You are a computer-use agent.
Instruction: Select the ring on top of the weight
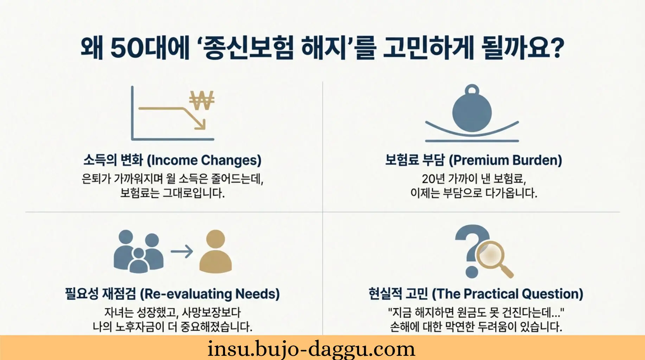coord(472,90)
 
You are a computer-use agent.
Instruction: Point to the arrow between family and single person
coord(182,251)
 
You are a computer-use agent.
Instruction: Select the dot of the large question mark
coord(472,272)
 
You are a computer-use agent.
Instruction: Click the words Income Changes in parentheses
coord(204,160)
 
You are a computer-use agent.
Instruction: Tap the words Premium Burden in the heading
coord(505,160)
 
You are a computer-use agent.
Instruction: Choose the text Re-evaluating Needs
coord(210,294)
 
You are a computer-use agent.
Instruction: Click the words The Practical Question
coord(507,294)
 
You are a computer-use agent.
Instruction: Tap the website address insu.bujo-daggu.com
coord(311,349)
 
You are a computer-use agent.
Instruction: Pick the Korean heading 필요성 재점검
coord(100,294)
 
